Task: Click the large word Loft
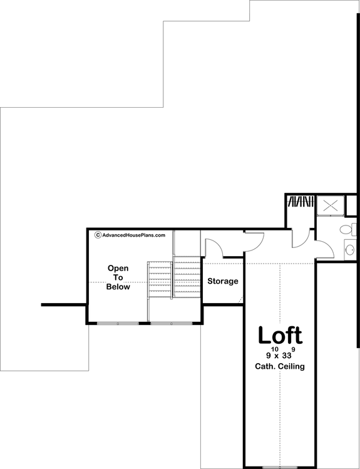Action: (x=280, y=335)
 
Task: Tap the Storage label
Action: (x=223, y=281)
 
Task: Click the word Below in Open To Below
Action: (x=118, y=287)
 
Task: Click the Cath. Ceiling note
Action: (x=280, y=367)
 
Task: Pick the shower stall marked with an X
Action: (x=330, y=205)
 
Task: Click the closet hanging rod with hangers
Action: (x=300, y=202)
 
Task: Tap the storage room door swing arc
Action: (x=215, y=247)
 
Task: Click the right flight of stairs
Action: (x=187, y=276)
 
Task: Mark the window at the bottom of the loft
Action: (x=279, y=467)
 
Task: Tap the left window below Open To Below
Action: (x=118, y=323)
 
